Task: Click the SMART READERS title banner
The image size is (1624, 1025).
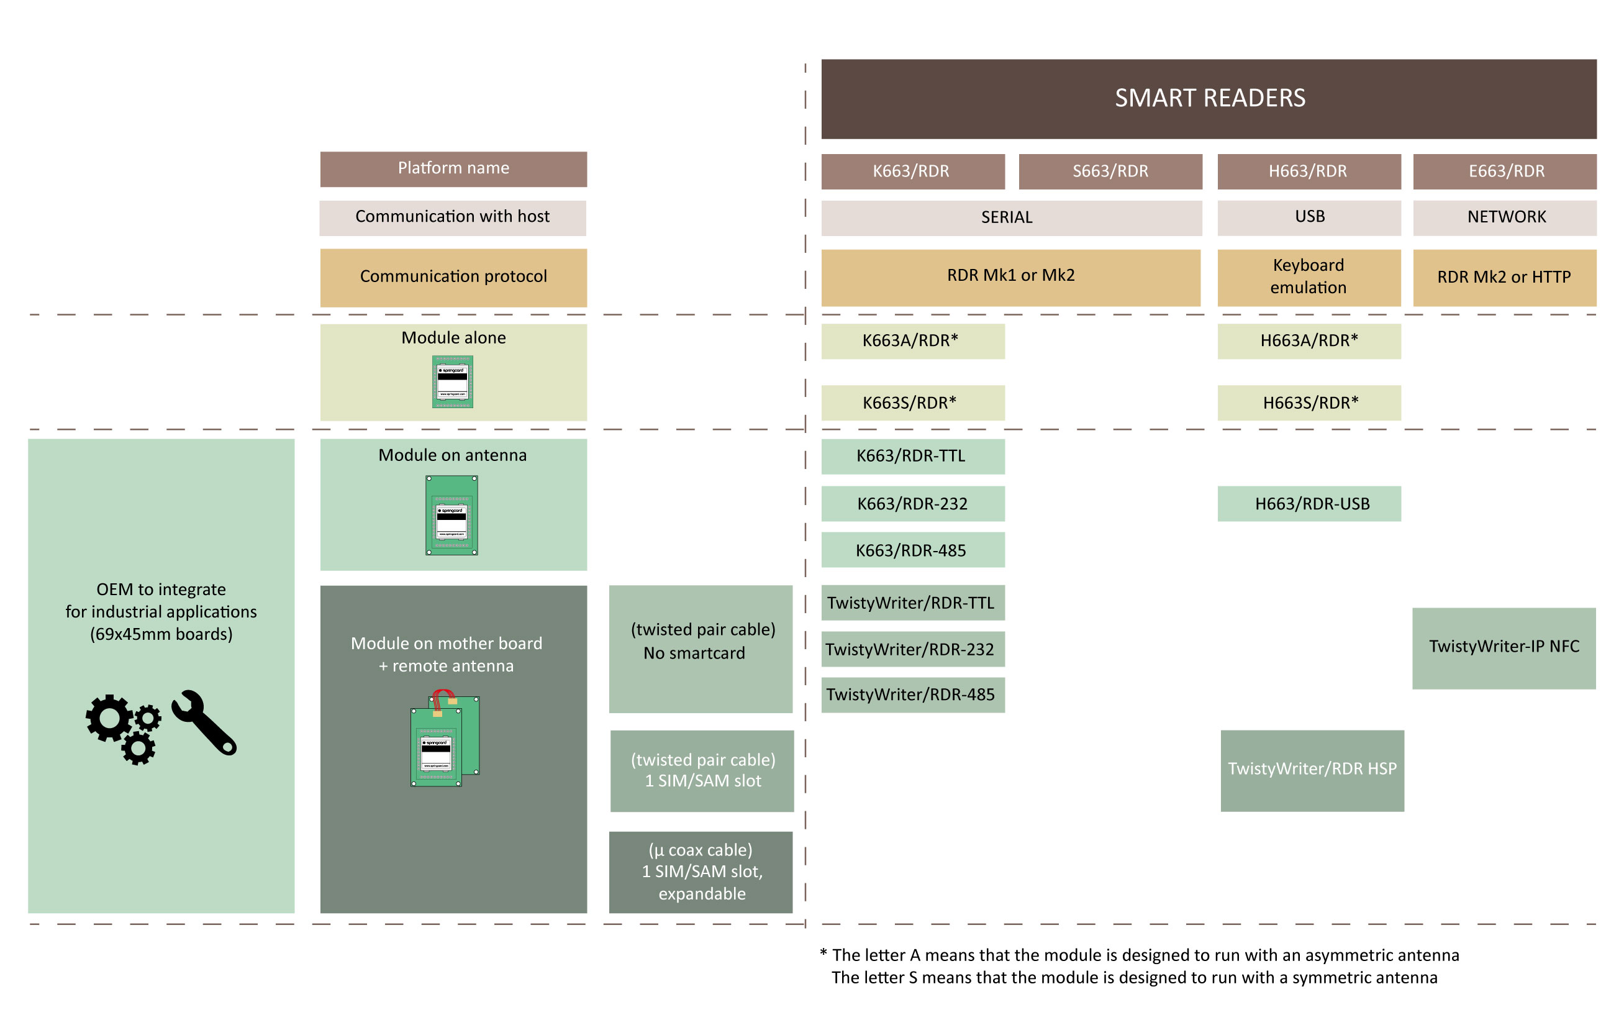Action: (1209, 99)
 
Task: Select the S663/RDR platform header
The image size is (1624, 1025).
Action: (1110, 171)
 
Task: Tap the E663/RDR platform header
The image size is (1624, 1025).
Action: (1505, 171)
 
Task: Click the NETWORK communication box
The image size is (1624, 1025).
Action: (1505, 217)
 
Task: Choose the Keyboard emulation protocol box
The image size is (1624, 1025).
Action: (1309, 277)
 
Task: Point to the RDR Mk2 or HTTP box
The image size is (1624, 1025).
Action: (1505, 277)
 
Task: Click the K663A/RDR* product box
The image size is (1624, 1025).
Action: (912, 341)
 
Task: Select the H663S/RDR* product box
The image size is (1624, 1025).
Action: (1309, 403)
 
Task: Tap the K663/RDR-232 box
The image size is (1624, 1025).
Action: (912, 503)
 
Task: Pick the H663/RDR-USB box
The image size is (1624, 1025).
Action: (1309, 503)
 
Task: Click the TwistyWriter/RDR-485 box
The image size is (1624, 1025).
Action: (912, 695)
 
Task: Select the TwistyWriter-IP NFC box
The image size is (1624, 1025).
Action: (1504, 649)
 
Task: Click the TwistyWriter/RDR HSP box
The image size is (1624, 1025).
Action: (1312, 770)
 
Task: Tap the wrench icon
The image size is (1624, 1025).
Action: (204, 722)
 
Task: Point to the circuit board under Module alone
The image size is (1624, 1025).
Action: (453, 382)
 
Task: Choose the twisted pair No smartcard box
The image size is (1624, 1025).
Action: (701, 649)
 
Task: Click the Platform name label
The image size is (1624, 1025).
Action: (453, 170)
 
